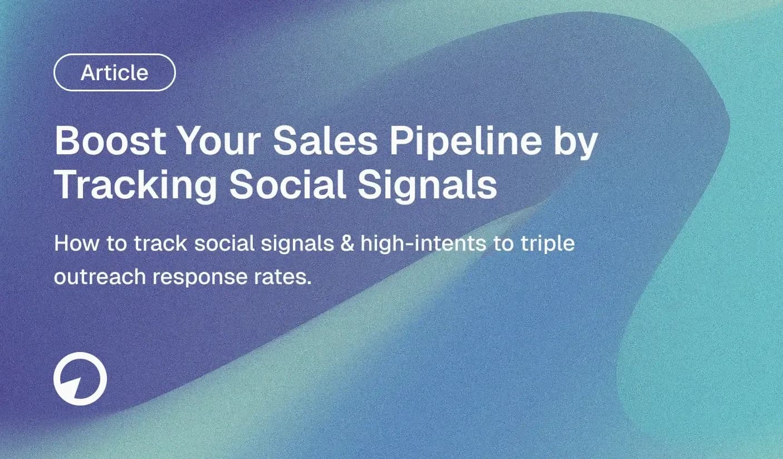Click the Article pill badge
[x=114, y=72]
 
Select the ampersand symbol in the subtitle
[x=346, y=243]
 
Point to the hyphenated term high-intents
[x=422, y=244]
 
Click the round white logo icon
[x=80, y=379]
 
